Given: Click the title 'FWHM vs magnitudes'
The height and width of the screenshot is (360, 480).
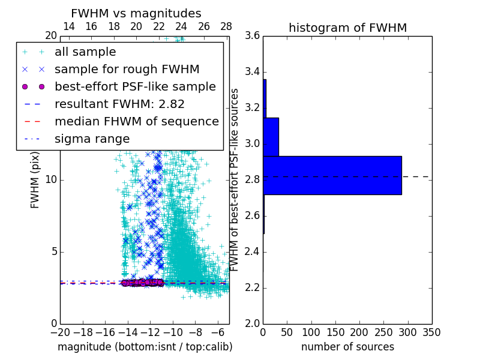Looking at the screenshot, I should coord(136,13).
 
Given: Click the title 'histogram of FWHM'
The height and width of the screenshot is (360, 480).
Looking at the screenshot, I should coord(347,28).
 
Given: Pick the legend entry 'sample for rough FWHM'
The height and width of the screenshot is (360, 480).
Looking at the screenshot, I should coord(127,69).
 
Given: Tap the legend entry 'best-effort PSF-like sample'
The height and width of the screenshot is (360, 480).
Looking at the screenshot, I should coord(135,86).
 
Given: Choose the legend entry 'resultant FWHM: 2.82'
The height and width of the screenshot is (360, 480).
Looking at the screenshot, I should coord(119,104).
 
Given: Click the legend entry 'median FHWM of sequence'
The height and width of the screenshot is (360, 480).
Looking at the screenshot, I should coord(136,121).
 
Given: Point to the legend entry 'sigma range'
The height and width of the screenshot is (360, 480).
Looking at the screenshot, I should coord(92,139).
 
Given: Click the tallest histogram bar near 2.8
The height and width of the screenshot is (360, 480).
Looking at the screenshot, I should coord(332,175).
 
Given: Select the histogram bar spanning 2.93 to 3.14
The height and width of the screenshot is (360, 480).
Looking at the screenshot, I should coord(271,137).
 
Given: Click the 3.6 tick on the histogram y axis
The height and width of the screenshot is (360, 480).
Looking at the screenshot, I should coord(253,35).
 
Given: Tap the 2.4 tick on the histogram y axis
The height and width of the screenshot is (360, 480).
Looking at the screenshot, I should coord(253,251).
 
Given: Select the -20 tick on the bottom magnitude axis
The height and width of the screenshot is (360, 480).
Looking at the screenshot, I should coord(60,332).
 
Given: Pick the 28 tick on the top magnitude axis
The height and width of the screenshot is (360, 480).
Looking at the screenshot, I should coord(226,26).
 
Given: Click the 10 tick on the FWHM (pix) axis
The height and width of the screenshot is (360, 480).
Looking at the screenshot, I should coord(51,179).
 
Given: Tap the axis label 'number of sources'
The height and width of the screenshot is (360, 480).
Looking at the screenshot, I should coord(347,347).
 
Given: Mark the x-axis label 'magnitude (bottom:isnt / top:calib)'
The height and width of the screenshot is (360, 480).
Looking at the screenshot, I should coord(145,347).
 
